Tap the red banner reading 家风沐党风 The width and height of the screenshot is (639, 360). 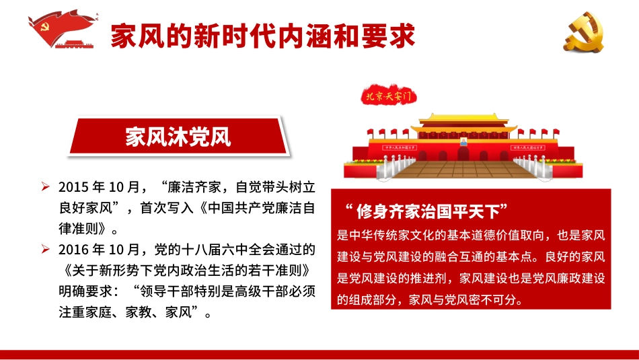(x=178, y=137)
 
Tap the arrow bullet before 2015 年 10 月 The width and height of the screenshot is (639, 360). (x=45, y=186)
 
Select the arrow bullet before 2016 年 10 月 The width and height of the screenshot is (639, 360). (x=45, y=250)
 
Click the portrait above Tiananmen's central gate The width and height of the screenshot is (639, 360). (x=463, y=144)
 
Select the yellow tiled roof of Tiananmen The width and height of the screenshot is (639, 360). (x=463, y=124)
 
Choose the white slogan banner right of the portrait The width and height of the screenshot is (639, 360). (x=532, y=146)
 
